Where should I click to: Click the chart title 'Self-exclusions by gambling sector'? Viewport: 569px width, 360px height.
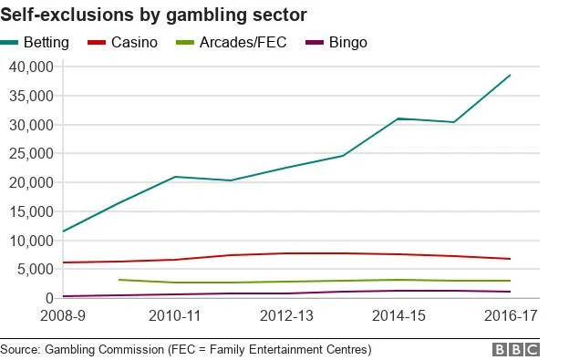coord(153,15)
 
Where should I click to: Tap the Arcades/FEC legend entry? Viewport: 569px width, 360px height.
coord(241,43)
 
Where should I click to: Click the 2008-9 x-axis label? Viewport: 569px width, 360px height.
coord(64,315)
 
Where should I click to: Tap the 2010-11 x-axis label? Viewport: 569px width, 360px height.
coord(175,315)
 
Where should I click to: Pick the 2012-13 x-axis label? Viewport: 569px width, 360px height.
coord(286,315)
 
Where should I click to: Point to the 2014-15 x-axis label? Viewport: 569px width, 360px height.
coord(398,315)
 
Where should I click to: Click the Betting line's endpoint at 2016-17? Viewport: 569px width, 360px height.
coord(510,75)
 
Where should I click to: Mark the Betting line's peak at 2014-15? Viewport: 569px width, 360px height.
coord(398,118)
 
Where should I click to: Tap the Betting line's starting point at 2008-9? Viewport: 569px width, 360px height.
coord(64,231)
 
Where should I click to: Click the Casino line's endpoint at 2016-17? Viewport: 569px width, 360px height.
coord(510,259)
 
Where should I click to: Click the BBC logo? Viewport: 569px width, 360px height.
coord(516,349)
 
